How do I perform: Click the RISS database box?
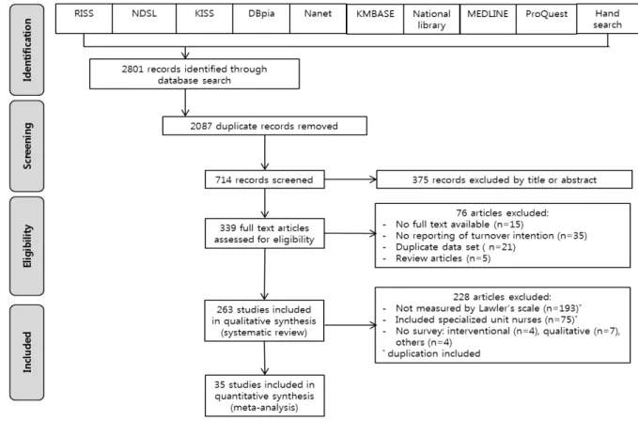coord(84,19)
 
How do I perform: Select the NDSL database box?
coord(144,19)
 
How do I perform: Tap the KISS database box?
coord(204,19)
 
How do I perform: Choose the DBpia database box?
coord(261,19)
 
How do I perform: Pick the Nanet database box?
coord(318,19)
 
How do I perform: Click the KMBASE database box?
coord(375,19)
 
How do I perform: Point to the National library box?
coord(431,19)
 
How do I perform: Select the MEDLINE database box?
coord(488,19)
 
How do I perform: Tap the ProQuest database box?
coord(547,19)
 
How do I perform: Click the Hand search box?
coord(608,19)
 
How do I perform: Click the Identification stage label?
coord(27,50)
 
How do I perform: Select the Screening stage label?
coord(27,146)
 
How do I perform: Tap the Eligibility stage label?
coord(27,246)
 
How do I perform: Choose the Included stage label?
coord(27,352)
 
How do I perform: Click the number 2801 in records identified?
coord(132,69)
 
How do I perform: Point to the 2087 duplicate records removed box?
coord(264,126)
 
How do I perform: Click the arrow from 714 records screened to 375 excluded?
coord(350,179)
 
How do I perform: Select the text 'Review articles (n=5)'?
coord(443,258)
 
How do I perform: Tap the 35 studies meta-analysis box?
coord(264,396)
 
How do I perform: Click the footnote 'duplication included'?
coord(434,353)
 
